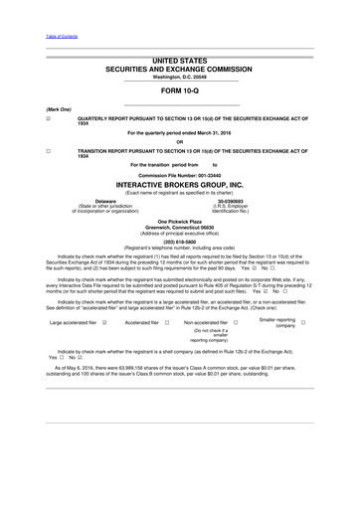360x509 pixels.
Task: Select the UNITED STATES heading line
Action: [x=180, y=61]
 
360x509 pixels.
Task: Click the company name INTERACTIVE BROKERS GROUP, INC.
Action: [x=180, y=185]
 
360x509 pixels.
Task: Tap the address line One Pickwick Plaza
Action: [x=180, y=221]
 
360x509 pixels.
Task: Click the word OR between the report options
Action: [x=180, y=140]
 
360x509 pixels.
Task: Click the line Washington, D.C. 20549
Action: [x=180, y=77]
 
